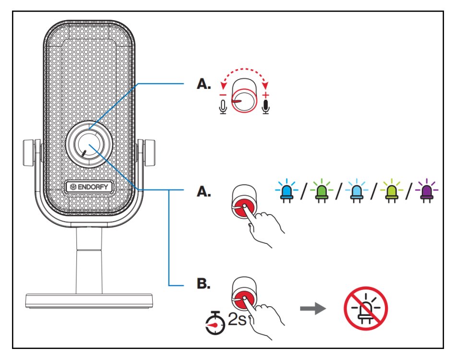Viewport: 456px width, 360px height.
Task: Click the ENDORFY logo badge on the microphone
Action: pyautogui.click(x=87, y=185)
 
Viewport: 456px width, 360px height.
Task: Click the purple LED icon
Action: pyautogui.click(x=424, y=191)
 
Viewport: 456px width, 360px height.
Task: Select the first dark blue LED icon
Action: pyautogui.click(x=287, y=191)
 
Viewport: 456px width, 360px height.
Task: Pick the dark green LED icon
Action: pyautogui.click(x=321, y=191)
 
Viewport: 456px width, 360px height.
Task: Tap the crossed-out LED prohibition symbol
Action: pyautogui.click(x=366, y=307)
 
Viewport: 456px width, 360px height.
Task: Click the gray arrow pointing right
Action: pyautogui.click(x=311, y=308)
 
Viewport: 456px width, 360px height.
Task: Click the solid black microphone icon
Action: pyautogui.click(x=266, y=107)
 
